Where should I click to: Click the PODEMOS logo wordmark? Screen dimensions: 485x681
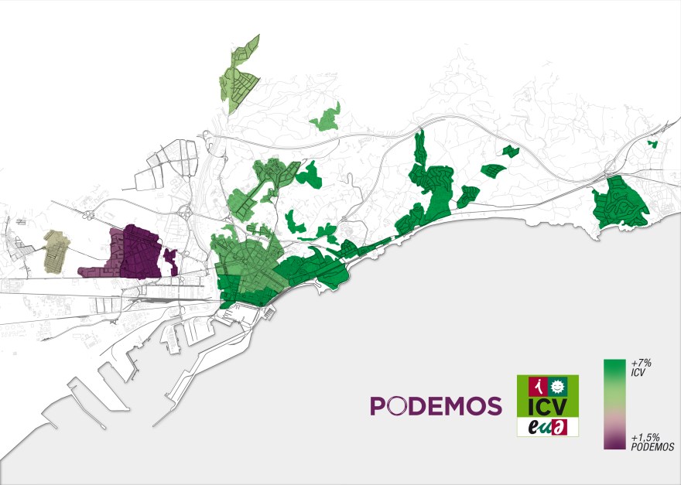coord(436,405)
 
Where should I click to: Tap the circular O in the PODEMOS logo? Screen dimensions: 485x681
coord(396,405)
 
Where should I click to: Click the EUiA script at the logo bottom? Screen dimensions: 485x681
coord(547,426)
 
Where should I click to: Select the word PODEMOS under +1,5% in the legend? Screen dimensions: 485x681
coord(652,447)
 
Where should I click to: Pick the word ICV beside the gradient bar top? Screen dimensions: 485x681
coord(638,373)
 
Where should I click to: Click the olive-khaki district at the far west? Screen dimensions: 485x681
coord(56,251)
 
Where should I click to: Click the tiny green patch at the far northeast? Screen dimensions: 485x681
coord(652,142)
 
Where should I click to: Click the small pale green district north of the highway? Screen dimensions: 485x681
coord(327,118)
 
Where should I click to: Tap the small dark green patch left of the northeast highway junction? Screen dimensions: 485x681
coord(508,150)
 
